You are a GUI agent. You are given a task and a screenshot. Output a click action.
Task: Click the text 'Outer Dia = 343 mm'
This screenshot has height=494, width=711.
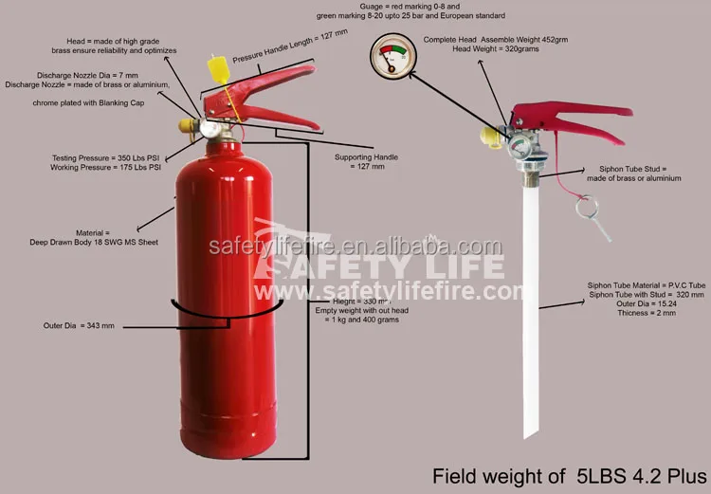(79, 326)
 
